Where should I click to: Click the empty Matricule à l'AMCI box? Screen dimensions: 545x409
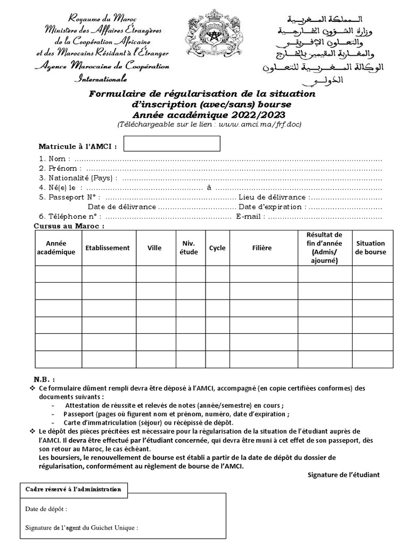tap(171, 144)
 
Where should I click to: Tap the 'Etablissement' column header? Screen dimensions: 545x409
tap(108, 248)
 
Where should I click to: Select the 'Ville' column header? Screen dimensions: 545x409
tap(154, 248)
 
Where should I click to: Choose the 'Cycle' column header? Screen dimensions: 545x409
tap(217, 248)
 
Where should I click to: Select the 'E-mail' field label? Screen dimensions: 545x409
tap(249, 217)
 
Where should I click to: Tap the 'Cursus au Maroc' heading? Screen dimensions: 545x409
tap(69, 226)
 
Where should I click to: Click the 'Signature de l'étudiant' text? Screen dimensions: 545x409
tap(343, 475)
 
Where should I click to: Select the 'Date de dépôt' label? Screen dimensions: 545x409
tap(46, 509)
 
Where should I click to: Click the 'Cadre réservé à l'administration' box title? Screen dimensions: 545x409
tap(73, 489)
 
